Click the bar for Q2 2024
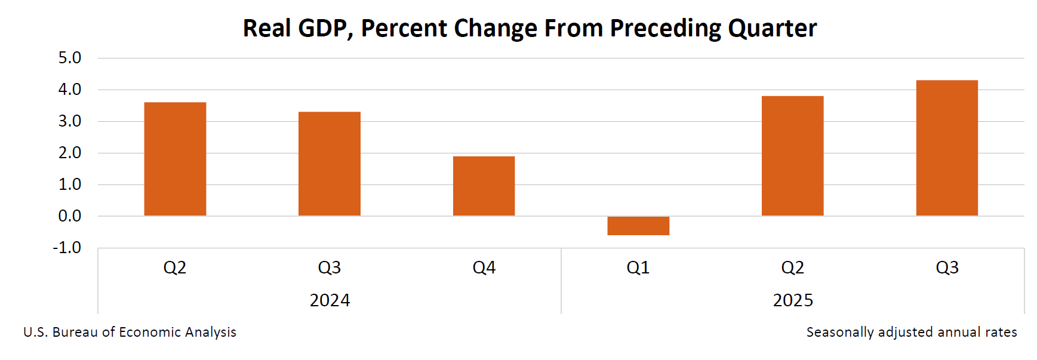pos(175,159)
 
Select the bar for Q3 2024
pos(329,164)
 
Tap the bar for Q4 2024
pos(484,186)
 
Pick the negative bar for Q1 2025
pos(638,226)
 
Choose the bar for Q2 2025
pos(792,156)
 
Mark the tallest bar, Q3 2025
pos(947,148)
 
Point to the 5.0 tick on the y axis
pos(69,58)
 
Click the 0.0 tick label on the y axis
pos(69,216)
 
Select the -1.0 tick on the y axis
pos(67,247)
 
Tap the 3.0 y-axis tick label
pos(69,121)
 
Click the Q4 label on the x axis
pos(484,267)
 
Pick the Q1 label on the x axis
pos(638,267)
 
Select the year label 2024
pos(330,300)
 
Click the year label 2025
pos(793,300)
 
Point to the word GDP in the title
pos(325,28)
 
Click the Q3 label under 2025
pos(947,267)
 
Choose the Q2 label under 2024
pos(175,267)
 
